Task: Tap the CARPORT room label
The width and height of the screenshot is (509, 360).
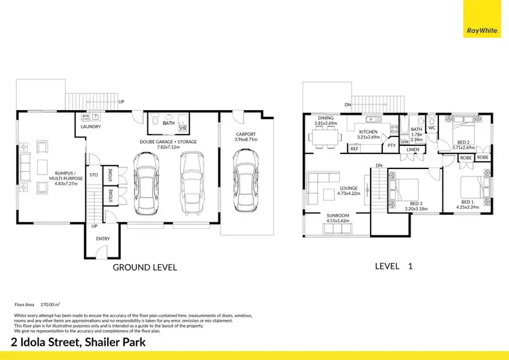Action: click(x=246, y=134)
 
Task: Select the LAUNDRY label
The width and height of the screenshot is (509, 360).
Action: click(x=91, y=127)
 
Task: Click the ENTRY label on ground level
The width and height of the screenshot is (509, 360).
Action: click(x=102, y=238)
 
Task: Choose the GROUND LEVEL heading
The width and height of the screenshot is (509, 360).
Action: click(x=145, y=268)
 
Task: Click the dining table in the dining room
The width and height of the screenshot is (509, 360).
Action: click(x=326, y=139)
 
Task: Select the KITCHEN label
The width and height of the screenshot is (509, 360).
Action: click(x=368, y=132)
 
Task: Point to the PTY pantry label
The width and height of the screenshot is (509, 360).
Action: click(x=391, y=145)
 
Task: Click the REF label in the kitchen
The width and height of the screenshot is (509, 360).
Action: click(x=354, y=149)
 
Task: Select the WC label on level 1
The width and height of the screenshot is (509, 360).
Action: click(x=432, y=128)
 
